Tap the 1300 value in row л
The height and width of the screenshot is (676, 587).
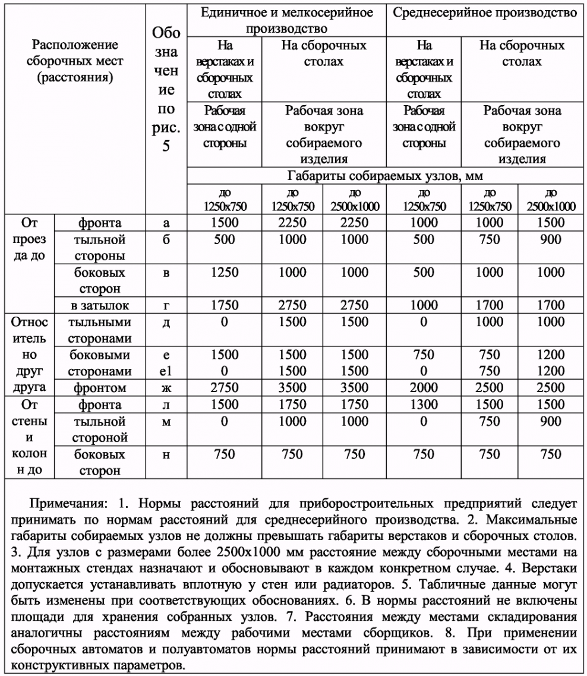pyautogui.click(x=424, y=405)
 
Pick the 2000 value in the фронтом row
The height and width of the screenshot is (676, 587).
pyautogui.click(x=424, y=388)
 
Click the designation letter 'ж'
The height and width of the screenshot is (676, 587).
pyautogui.click(x=166, y=388)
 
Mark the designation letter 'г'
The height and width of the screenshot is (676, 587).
pyautogui.click(x=166, y=305)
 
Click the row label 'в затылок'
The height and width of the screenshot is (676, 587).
pyautogui.click(x=99, y=305)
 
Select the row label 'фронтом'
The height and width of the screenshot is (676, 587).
pyautogui.click(x=99, y=388)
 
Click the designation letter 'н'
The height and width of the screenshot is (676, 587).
pyautogui.click(x=166, y=454)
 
